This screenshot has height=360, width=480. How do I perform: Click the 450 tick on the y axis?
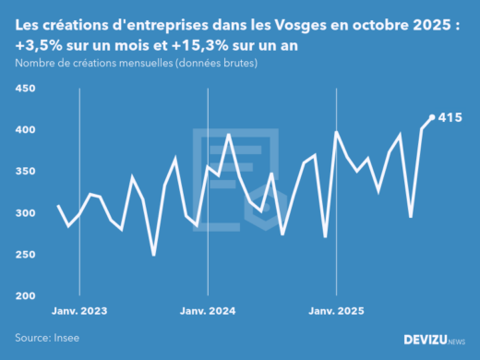(x=24, y=89)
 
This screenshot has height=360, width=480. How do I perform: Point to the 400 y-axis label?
(x=24, y=130)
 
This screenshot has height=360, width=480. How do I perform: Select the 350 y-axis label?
(x=24, y=172)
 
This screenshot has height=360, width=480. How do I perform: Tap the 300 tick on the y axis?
(x=24, y=213)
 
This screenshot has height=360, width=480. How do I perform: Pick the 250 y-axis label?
(x=24, y=255)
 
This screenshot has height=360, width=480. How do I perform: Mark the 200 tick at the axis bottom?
(x=24, y=296)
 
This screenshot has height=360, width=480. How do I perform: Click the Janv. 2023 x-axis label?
(x=79, y=311)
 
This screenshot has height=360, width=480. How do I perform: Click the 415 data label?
(x=450, y=117)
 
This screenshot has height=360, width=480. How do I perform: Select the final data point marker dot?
(x=432, y=117)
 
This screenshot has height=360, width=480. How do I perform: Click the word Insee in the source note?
(x=66, y=339)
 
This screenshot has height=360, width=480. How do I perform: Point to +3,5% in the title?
(x=38, y=45)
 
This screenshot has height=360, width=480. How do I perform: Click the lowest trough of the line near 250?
(x=153, y=255)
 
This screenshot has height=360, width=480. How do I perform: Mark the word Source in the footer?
(x=32, y=339)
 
